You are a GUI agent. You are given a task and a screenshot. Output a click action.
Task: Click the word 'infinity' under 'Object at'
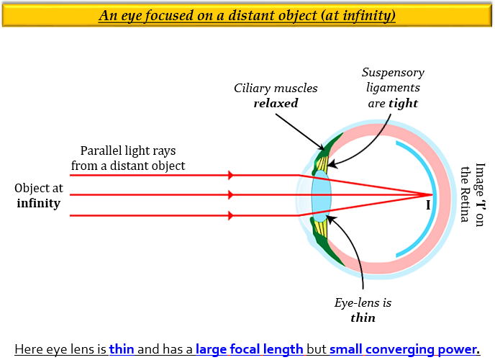click(39, 204)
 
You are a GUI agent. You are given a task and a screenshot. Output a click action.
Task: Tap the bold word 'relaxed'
click(276, 103)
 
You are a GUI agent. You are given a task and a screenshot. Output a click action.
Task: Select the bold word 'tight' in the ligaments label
click(403, 103)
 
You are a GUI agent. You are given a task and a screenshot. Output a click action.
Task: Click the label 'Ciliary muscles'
click(276, 88)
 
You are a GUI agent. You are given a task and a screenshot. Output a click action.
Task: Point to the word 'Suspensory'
click(393, 73)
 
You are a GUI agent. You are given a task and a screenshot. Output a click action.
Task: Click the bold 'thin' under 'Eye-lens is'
click(363, 317)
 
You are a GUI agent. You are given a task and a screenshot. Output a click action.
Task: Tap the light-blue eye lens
click(321, 194)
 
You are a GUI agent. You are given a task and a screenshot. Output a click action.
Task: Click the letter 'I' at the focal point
click(428, 205)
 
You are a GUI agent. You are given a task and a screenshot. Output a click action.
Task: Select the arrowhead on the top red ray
click(230, 175)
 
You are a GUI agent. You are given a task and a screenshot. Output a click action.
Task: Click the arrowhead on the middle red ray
click(230, 194)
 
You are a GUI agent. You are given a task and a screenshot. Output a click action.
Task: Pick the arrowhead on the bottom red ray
click(230, 215)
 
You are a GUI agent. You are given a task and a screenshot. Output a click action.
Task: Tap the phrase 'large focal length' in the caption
click(249, 349)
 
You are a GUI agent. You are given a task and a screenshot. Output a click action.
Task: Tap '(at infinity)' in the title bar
click(364, 15)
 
